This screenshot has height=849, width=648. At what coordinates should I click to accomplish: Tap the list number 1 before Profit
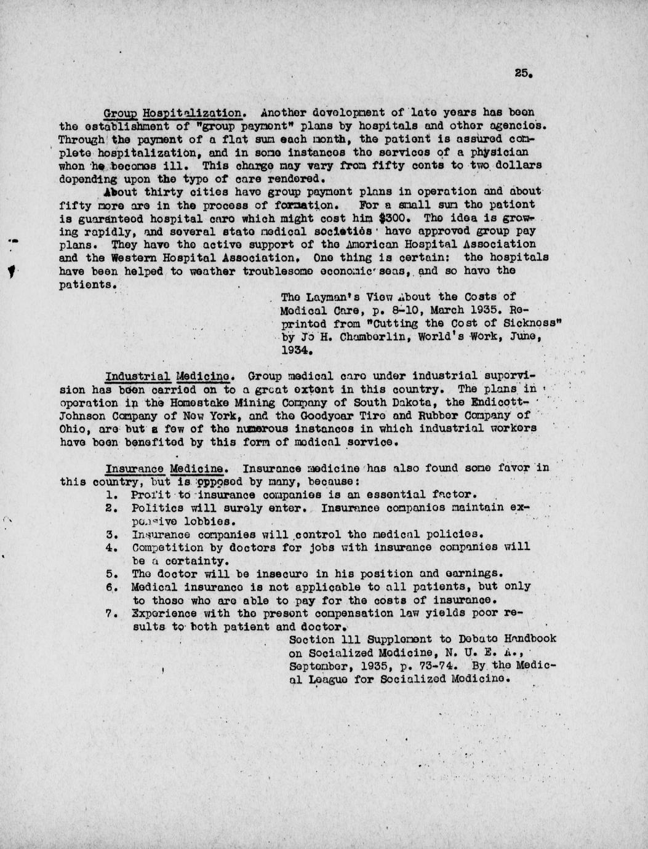click(x=109, y=494)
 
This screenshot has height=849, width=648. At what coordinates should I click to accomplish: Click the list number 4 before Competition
click(x=109, y=547)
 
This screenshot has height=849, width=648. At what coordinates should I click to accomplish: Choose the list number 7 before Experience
click(x=109, y=613)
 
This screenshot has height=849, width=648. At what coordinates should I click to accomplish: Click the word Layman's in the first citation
click(x=331, y=297)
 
